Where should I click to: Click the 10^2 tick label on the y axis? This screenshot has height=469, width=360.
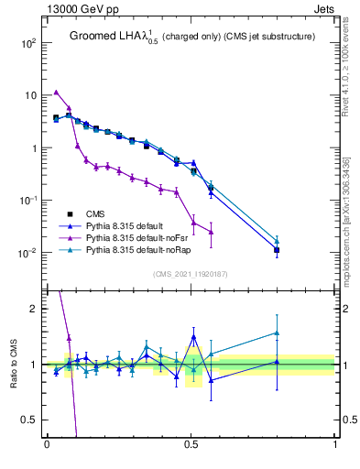point(27,43)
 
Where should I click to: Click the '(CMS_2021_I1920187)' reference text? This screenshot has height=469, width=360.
point(191,273)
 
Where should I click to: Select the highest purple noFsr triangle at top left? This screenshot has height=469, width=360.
point(56,92)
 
